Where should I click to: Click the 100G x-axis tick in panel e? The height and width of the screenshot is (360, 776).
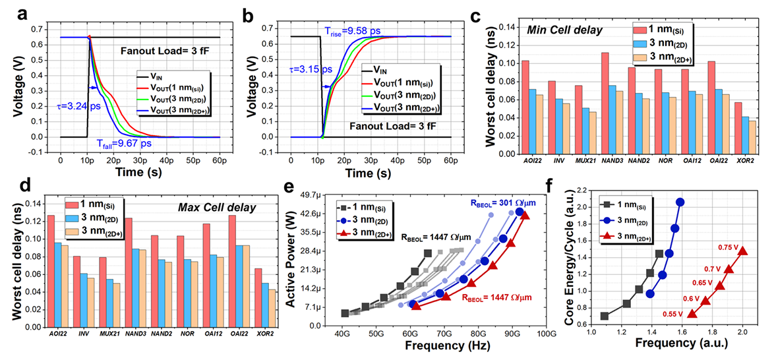pos(546,336)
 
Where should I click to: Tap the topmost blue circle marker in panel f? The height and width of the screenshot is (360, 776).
pos(680,202)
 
